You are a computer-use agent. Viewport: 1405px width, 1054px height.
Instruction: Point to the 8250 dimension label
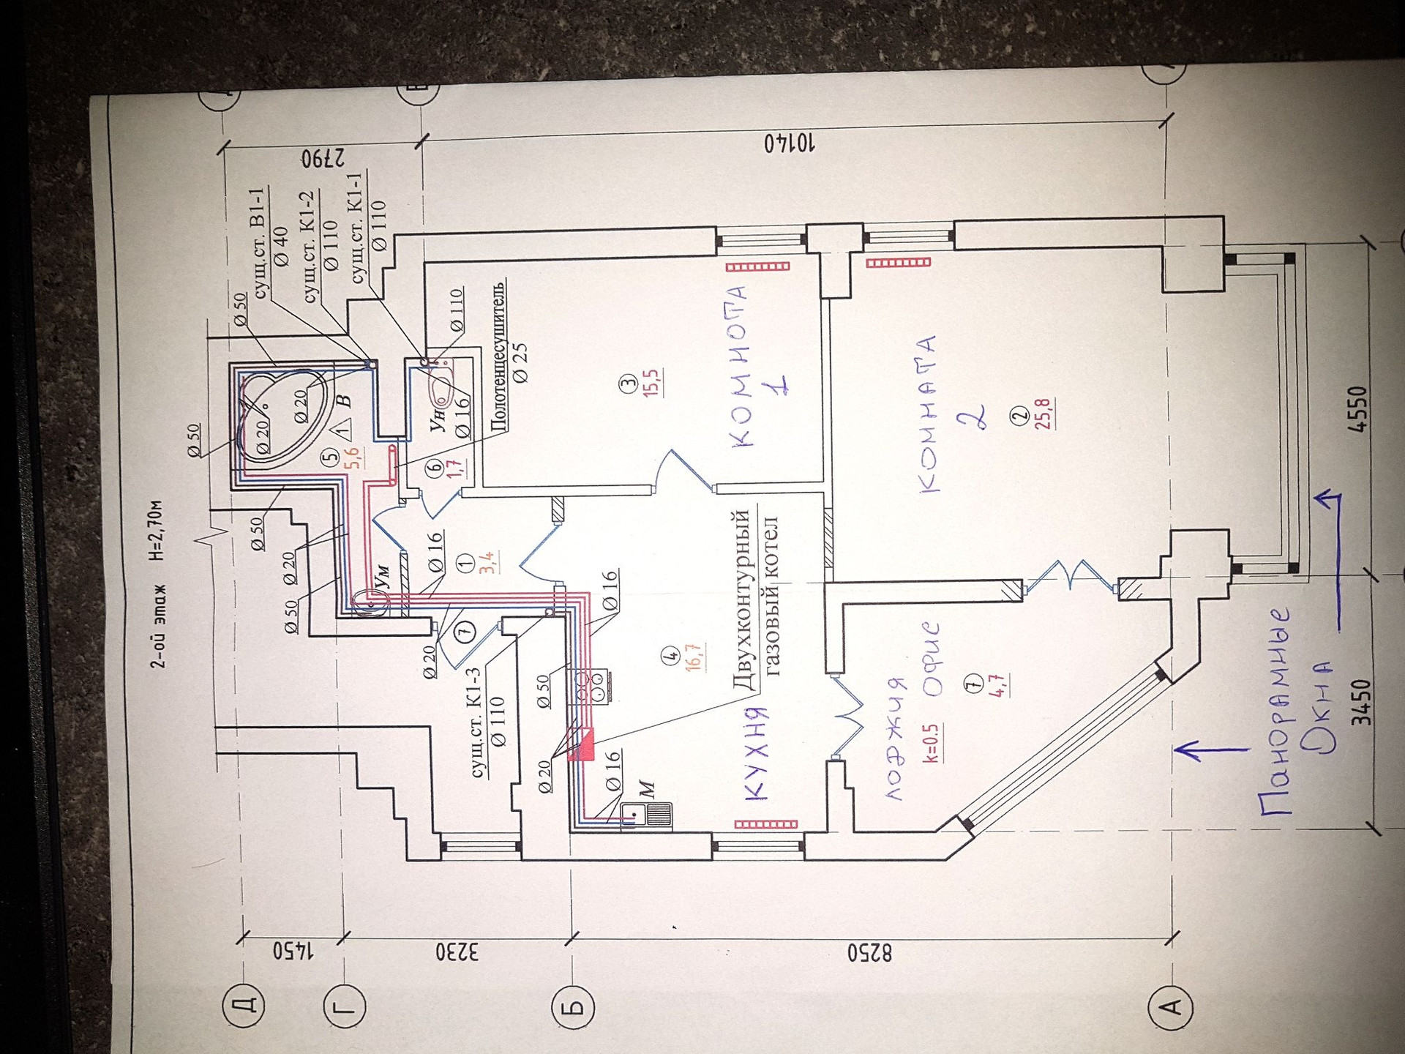(869, 954)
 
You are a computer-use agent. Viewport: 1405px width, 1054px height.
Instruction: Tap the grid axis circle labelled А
(1171, 1007)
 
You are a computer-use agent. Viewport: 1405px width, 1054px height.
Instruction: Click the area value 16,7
(694, 657)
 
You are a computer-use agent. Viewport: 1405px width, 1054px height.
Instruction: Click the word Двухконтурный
(742, 601)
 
